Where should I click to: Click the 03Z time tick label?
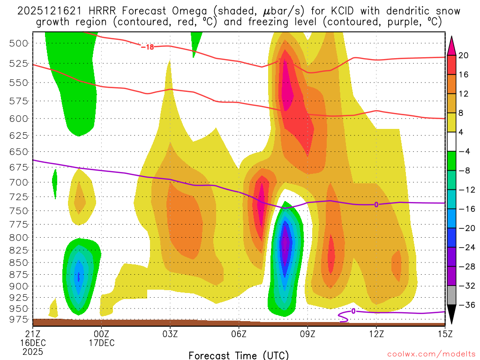(170, 334)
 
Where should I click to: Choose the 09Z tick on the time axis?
(307, 334)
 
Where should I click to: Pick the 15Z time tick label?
(444, 334)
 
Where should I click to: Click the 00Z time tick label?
(102, 334)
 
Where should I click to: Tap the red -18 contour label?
(148, 47)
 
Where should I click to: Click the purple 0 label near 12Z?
(376, 204)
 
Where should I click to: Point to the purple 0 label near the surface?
(353, 311)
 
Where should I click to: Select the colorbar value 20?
(464, 55)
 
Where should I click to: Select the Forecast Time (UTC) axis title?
(239, 355)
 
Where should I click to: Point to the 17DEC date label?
(102, 343)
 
